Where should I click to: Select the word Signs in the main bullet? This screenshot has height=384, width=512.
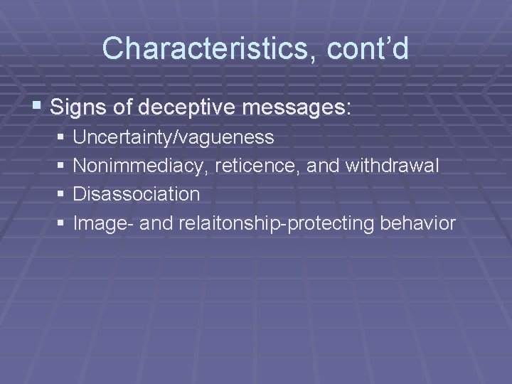click(x=78, y=108)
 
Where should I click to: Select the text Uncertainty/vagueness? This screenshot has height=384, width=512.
click(x=174, y=136)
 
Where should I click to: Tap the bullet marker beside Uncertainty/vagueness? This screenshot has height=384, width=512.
click(x=62, y=137)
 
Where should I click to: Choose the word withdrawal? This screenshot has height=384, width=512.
click(x=393, y=165)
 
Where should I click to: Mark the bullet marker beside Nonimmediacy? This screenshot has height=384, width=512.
click(x=62, y=166)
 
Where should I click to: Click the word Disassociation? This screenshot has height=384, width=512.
click(x=137, y=193)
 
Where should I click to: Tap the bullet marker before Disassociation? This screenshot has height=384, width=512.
click(x=62, y=194)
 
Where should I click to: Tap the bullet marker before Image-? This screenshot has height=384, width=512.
click(x=62, y=223)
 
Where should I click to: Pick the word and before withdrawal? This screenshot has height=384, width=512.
click(x=324, y=165)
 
